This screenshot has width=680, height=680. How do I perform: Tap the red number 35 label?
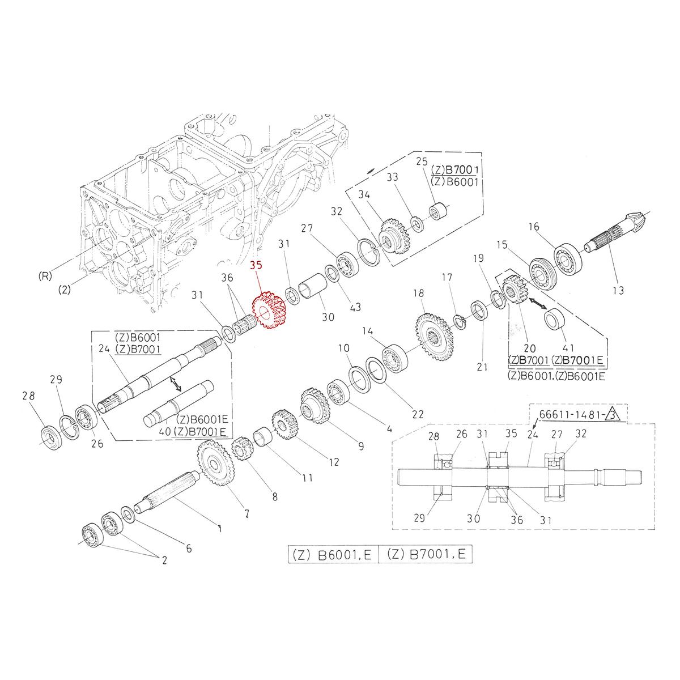tap(256, 265)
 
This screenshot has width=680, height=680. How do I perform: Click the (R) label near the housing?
tap(45, 277)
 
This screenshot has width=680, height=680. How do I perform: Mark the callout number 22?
tap(418, 414)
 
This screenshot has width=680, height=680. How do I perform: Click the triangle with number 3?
tap(614, 417)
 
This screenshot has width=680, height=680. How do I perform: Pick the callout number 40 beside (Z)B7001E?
tap(164, 432)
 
